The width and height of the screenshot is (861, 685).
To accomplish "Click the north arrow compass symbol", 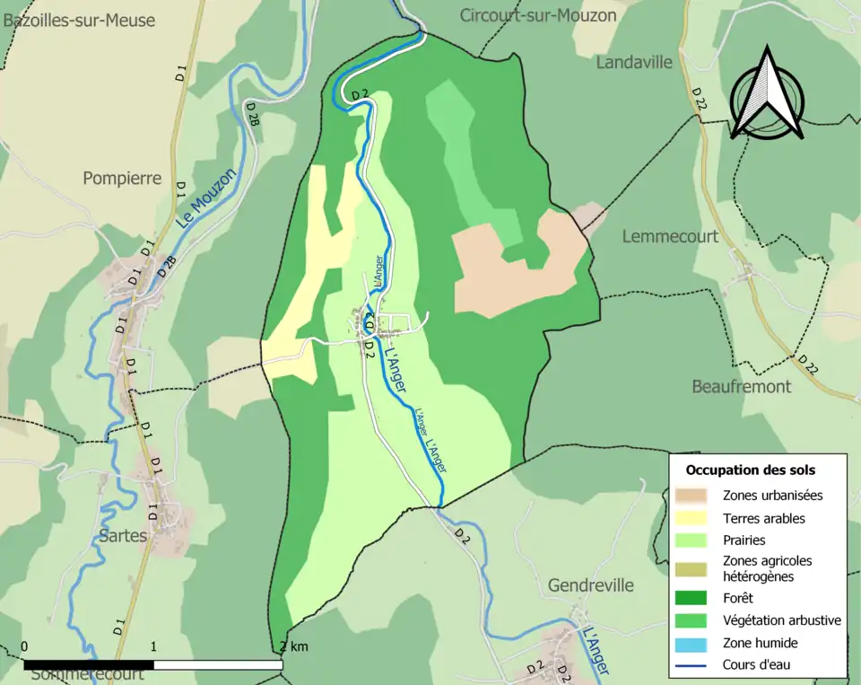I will pyautogui.click(x=766, y=93).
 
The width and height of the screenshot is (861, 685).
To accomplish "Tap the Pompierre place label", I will pyautogui.click(x=122, y=178).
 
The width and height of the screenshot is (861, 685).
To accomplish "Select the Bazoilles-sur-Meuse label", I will pyautogui.click(x=79, y=20).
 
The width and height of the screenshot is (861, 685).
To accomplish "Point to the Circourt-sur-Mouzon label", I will pyautogui.click(x=538, y=15).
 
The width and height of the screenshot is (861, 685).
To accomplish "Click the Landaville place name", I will pyautogui.click(x=633, y=62).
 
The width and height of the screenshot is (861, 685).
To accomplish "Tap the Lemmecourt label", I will pyautogui.click(x=670, y=236).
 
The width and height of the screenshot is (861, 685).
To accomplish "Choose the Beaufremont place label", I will pyautogui.click(x=742, y=386).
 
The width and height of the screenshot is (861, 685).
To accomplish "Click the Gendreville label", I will pyautogui.click(x=590, y=585).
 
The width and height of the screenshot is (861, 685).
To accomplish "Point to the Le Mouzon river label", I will pyautogui.click(x=205, y=198).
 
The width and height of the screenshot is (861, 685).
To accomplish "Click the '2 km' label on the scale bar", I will pyautogui.click(x=294, y=646).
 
